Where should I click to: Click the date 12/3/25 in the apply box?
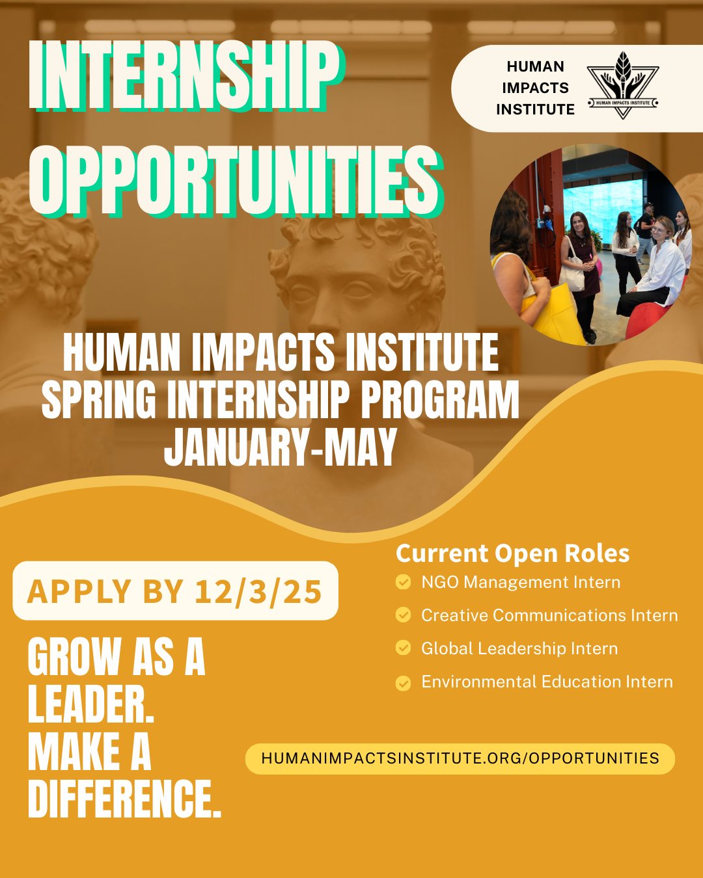258,591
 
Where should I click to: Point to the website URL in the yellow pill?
460,758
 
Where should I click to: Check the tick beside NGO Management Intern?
404,582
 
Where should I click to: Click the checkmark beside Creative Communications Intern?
404,615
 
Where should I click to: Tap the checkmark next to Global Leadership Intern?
404,648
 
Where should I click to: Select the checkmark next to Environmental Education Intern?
404,682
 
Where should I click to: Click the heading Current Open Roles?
513,553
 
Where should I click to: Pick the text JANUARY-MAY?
281,447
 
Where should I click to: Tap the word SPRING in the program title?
99,399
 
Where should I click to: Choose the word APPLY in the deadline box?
79,591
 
